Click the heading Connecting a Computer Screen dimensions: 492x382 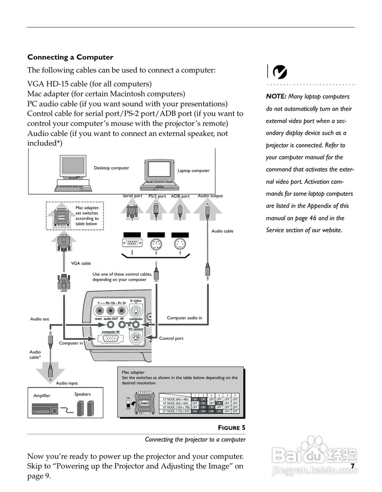click(x=70, y=57)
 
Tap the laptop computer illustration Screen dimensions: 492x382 click(x=160, y=175)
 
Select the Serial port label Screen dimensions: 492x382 click(x=132, y=196)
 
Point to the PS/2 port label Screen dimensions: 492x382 click(x=157, y=196)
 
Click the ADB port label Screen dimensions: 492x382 click(x=180, y=196)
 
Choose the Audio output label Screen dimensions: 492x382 click(x=210, y=196)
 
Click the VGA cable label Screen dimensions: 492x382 click(x=81, y=263)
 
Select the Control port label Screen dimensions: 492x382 click(x=171, y=338)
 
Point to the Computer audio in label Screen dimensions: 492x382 click(x=184, y=318)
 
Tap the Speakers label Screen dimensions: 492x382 click(x=83, y=394)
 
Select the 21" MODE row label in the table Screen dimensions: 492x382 click(x=176, y=411)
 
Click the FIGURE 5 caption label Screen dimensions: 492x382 click(x=232, y=428)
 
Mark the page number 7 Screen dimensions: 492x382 click(x=352, y=466)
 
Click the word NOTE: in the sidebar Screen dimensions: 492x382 click(x=276, y=96)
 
